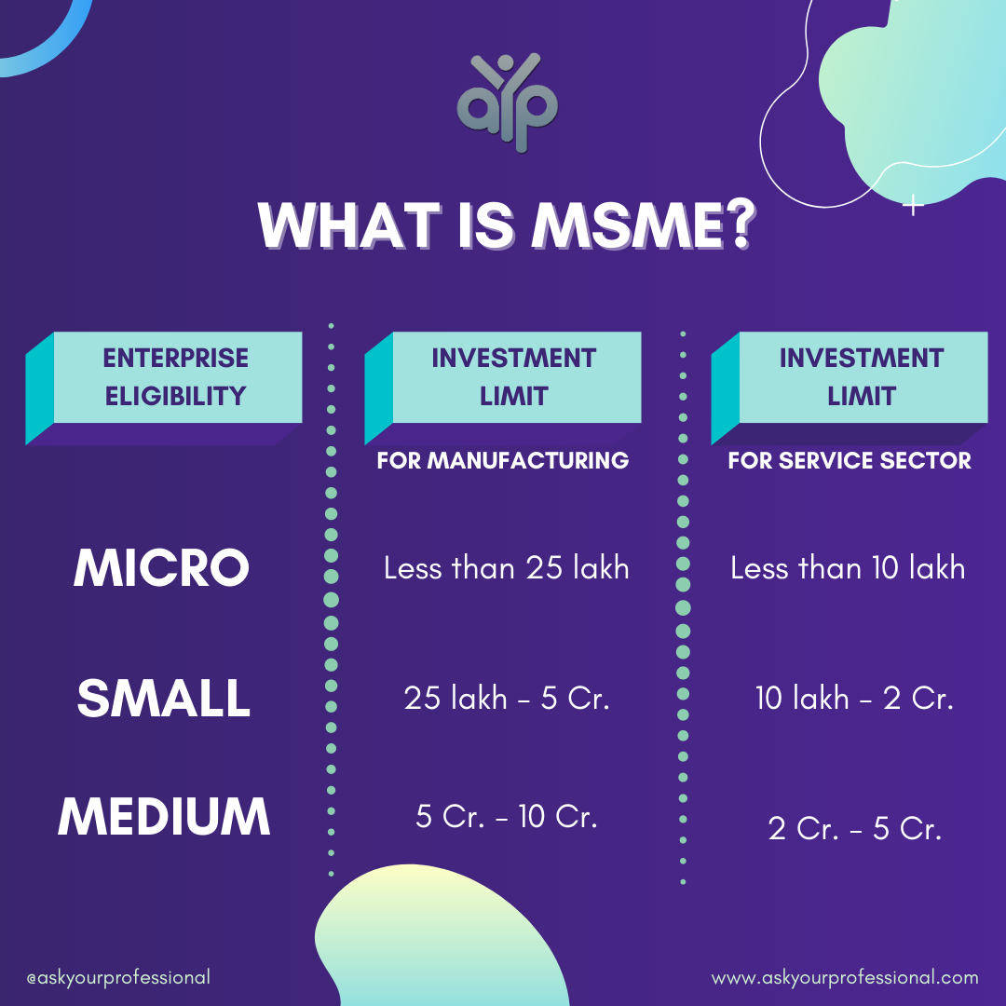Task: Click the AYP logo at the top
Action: click(x=506, y=102)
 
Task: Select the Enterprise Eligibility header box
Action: click(x=176, y=377)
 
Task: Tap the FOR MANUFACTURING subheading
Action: click(x=503, y=460)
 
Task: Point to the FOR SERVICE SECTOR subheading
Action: click(x=850, y=460)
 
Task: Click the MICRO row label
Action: click(x=162, y=567)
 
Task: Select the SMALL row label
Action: click(x=164, y=699)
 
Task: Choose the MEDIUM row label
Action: click(x=164, y=816)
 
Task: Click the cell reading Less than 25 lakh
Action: click(x=506, y=567)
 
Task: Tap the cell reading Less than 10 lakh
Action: click(x=848, y=567)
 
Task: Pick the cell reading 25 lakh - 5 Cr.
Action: click(x=507, y=699)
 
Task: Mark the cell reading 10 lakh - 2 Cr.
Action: click(x=854, y=699)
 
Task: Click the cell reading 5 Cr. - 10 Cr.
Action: click(x=506, y=817)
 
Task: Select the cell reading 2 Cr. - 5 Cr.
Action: click(x=854, y=829)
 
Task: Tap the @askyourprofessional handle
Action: click(x=118, y=978)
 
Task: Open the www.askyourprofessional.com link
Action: click(x=845, y=978)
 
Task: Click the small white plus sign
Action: click(x=914, y=207)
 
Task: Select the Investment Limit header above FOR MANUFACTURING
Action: click(x=513, y=377)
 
